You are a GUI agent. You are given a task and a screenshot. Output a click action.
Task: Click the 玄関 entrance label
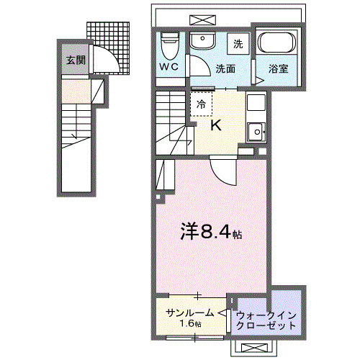[74, 60]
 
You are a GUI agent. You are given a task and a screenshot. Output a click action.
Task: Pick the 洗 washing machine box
[238, 44]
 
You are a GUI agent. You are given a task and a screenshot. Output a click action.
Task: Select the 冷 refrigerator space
[202, 104]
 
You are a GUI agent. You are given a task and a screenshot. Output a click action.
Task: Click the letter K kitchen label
[216, 125]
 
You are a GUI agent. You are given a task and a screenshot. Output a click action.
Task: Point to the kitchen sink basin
[256, 132]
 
